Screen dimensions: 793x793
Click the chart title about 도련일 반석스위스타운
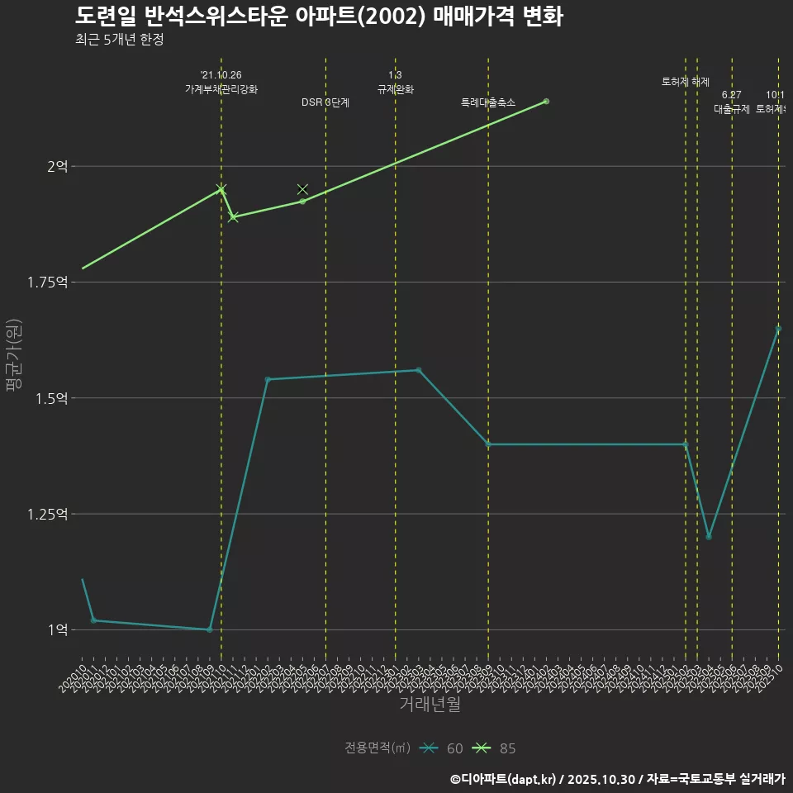click(x=319, y=16)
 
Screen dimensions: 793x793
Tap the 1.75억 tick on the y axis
click(x=47, y=283)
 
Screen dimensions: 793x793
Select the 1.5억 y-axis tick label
click(x=50, y=398)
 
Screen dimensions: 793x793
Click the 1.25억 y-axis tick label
click(x=47, y=514)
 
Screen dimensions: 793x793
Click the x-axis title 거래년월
click(x=430, y=704)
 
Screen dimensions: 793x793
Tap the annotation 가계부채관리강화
click(x=221, y=89)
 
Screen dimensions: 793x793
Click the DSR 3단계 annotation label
click(x=325, y=102)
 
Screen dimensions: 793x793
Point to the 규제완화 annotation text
click(x=395, y=89)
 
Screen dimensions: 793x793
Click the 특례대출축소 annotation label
click(x=487, y=102)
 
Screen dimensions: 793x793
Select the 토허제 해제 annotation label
click(x=686, y=82)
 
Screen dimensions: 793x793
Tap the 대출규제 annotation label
click(x=731, y=109)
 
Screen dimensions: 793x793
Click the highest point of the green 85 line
click(x=546, y=102)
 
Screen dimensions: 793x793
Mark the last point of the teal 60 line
click(x=778, y=329)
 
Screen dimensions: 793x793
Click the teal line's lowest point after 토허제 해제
click(x=709, y=537)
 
